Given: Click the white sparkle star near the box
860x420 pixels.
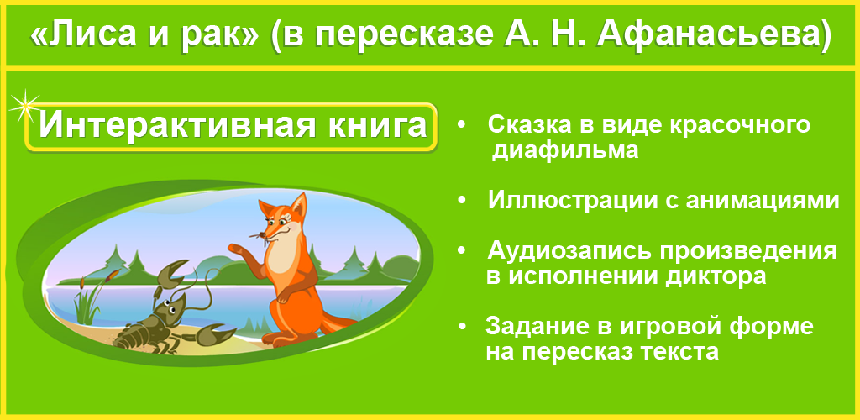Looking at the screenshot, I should tap(24, 103).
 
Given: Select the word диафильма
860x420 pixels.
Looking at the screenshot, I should tap(566, 151).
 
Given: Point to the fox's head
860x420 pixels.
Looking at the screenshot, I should tap(281, 218).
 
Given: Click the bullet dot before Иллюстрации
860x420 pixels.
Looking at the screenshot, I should tap(462, 202).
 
